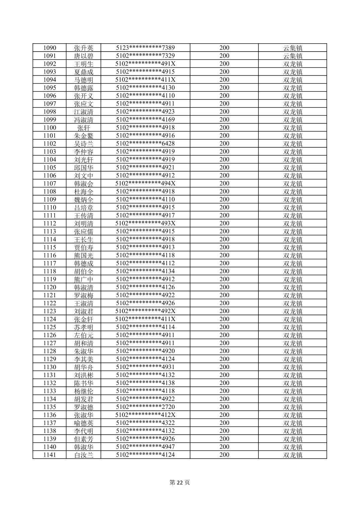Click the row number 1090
50,48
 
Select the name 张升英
83,48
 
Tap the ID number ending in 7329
145,56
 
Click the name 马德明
83,80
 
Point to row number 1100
50,128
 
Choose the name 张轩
83,128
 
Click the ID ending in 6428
145,144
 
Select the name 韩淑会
83,184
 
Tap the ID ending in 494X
145,184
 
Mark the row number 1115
50,247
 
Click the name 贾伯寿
83,247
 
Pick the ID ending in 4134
145,271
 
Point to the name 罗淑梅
83,295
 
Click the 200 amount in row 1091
224,56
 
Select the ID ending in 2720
145,407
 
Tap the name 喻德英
83,423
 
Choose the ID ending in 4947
145,447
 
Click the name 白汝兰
83,455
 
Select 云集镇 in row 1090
293,48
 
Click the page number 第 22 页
180,483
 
